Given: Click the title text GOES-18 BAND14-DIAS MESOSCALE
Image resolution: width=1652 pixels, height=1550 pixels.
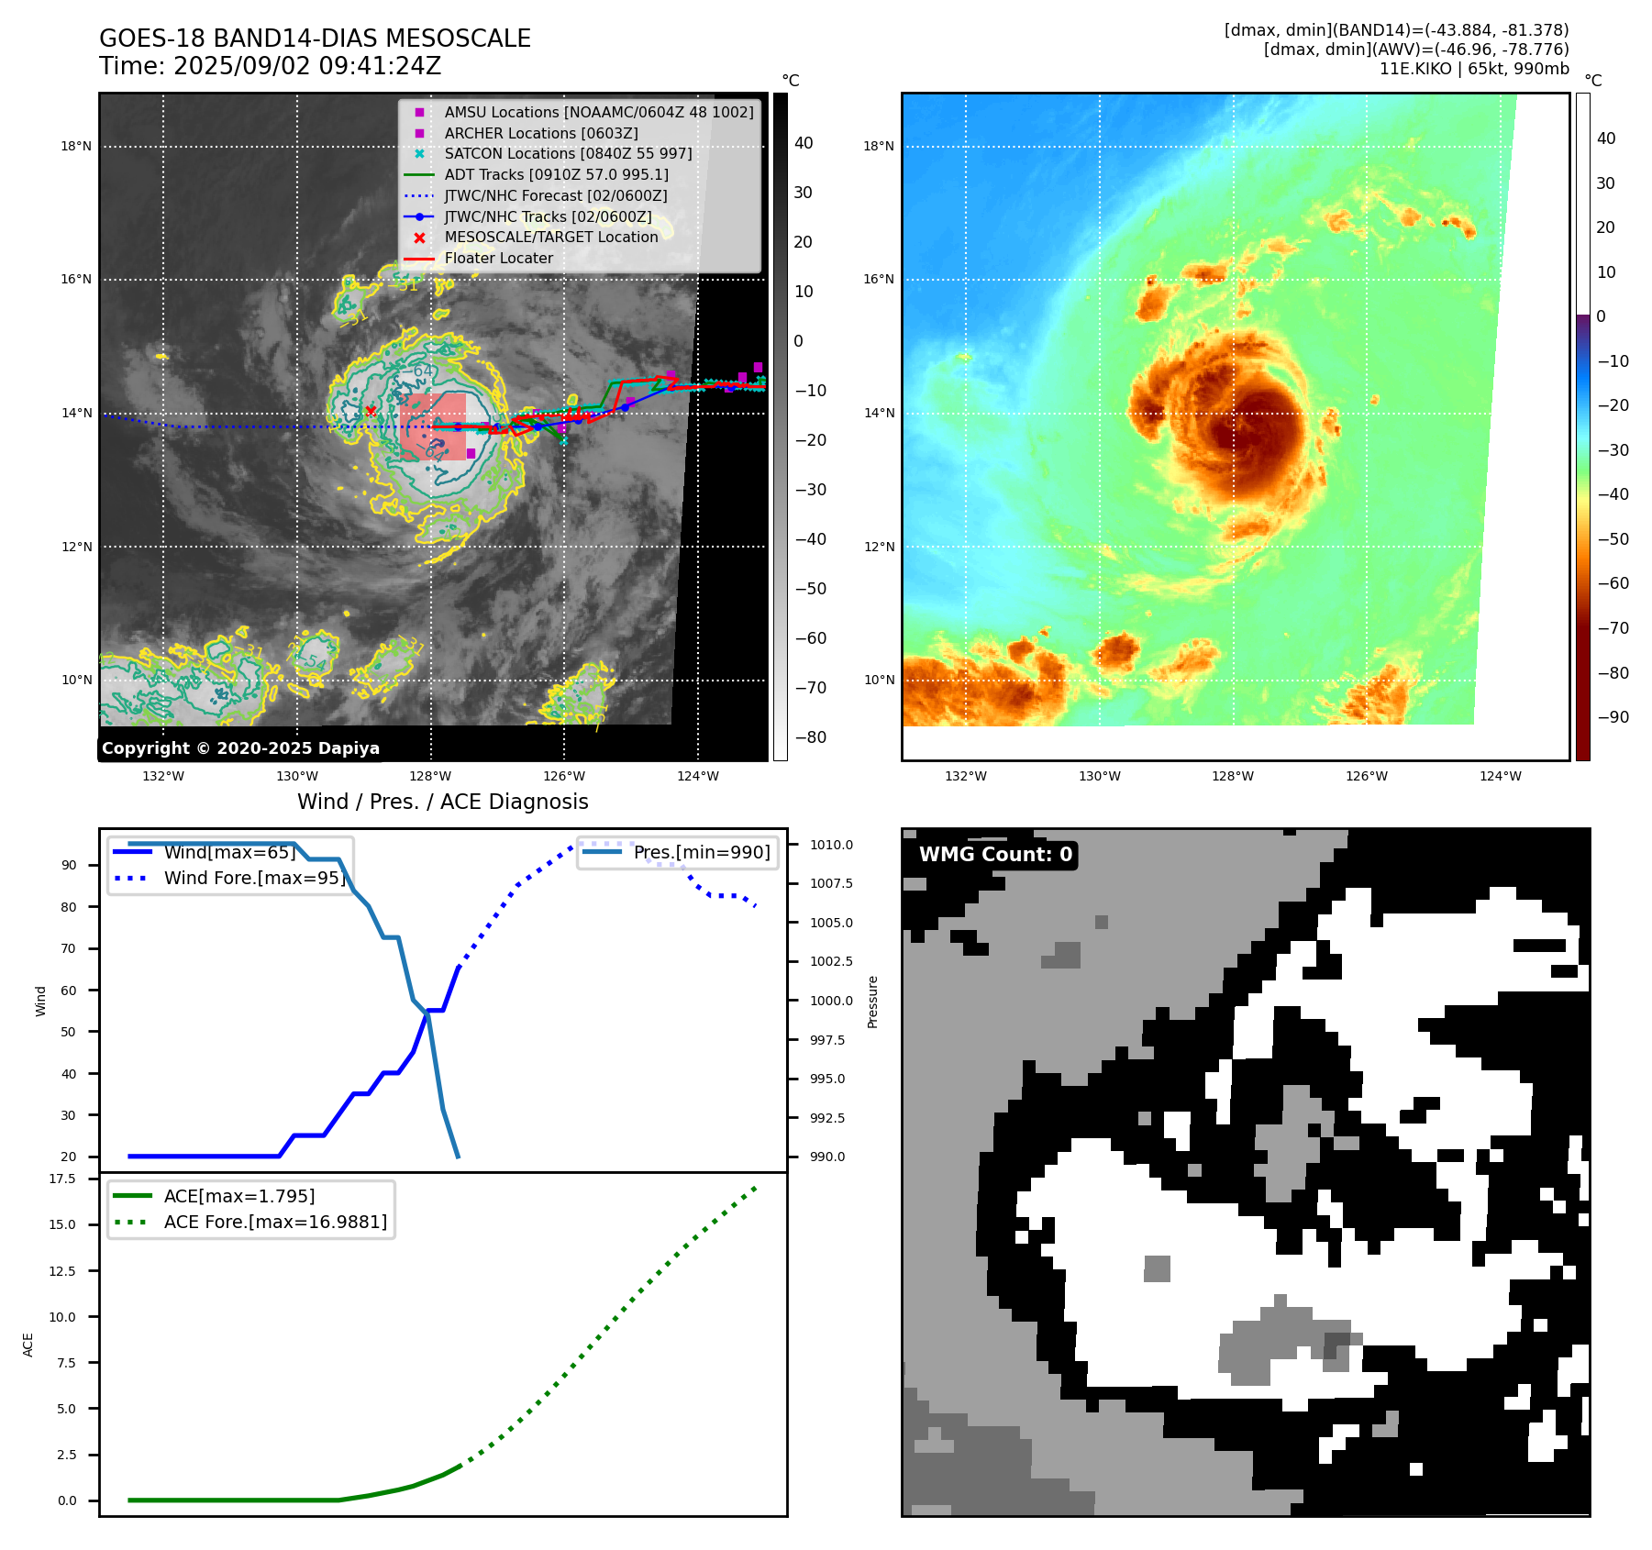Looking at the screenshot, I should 315,39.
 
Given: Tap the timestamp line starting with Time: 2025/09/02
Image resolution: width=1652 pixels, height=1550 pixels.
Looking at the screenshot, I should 270,66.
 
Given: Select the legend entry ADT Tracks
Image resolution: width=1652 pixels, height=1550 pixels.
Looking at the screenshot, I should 556,174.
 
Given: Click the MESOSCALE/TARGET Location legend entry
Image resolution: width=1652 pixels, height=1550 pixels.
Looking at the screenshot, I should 550,237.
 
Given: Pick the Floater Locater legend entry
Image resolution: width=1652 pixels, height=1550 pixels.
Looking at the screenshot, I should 498,258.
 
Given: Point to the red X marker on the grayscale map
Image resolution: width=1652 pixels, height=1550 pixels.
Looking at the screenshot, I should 371,411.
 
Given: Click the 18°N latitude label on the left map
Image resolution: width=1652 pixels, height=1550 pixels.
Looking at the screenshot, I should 76,146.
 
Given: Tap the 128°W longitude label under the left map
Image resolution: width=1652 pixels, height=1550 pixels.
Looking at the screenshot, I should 430,776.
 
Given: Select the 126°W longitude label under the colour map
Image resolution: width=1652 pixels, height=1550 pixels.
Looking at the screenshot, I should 1366,776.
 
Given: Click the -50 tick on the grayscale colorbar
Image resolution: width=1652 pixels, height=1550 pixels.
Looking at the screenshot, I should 810,589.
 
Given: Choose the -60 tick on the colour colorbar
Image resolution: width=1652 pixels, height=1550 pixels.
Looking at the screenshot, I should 1613,583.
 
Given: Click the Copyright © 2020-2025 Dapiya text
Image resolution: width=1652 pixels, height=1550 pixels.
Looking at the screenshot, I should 240,748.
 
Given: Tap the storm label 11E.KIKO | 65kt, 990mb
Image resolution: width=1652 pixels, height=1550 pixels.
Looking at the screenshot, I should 1473,69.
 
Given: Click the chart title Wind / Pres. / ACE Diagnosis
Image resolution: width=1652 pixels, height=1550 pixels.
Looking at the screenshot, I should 442,802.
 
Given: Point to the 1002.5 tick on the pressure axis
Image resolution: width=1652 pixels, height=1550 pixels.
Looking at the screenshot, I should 830,961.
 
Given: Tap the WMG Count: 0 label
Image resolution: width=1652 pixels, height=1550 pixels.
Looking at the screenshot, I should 995,855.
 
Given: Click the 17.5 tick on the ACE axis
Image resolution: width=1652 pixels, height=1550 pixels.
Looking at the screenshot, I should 62,1179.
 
